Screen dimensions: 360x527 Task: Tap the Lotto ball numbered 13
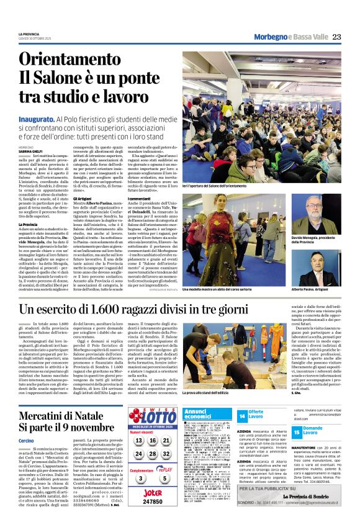[x=137, y=441]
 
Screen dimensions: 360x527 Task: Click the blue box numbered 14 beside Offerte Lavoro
[x=242, y=415]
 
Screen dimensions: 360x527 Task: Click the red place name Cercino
[x=26, y=440]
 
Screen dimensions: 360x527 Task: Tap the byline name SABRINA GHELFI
[x=30, y=151]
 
